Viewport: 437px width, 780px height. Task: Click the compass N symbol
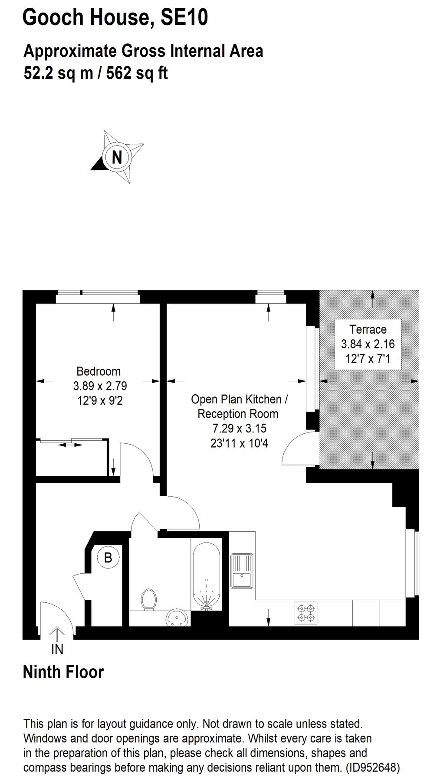(116, 156)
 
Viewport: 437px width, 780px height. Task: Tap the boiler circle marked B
(108, 557)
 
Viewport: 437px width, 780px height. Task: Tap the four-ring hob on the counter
(306, 613)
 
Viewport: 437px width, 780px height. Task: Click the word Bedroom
(99, 371)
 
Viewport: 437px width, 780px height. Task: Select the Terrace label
(368, 329)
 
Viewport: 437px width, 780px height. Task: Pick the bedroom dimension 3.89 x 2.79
(100, 386)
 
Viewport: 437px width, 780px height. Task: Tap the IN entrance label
(57, 649)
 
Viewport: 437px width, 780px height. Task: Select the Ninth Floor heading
(63, 672)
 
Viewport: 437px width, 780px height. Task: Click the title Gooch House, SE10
(115, 18)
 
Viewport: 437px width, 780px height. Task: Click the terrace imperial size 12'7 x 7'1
(368, 359)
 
